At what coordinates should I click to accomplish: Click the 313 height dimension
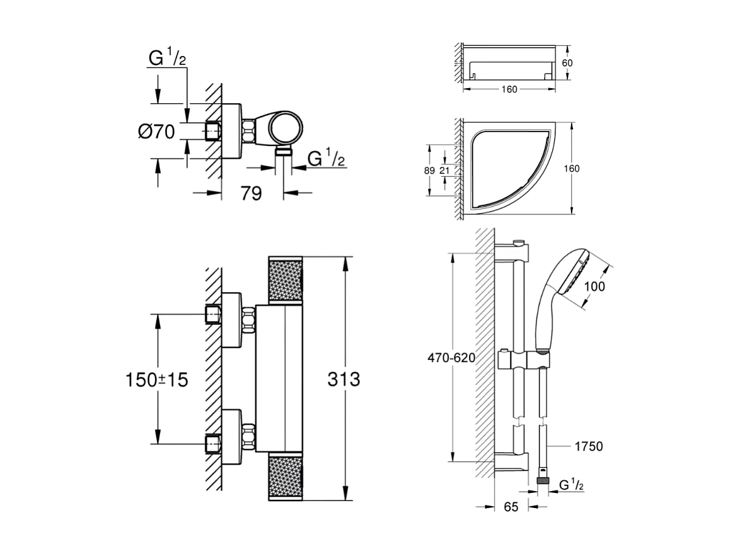click(344, 380)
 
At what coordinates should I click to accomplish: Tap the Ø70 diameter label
click(156, 132)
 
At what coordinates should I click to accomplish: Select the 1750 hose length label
click(589, 446)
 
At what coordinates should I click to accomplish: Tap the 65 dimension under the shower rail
click(511, 507)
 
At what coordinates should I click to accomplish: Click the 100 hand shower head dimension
click(594, 286)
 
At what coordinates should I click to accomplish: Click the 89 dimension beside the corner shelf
click(430, 170)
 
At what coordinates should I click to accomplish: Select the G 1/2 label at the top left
click(167, 59)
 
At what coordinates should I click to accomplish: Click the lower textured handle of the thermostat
click(286, 477)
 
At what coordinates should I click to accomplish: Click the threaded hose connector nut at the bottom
click(541, 482)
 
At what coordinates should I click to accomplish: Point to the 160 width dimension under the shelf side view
click(509, 89)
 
